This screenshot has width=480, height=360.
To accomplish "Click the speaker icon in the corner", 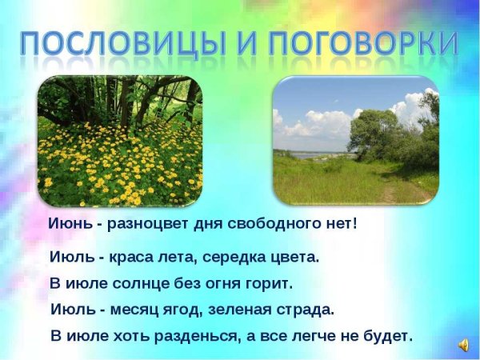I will (x=463, y=345).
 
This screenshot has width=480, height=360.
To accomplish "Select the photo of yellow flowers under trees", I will (x=120, y=141).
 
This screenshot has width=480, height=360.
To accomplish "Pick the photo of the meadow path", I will (x=355, y=141).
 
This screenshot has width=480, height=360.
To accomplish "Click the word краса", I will (x=125, y=258).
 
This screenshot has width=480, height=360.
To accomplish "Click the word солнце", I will (x=135, y=283).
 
